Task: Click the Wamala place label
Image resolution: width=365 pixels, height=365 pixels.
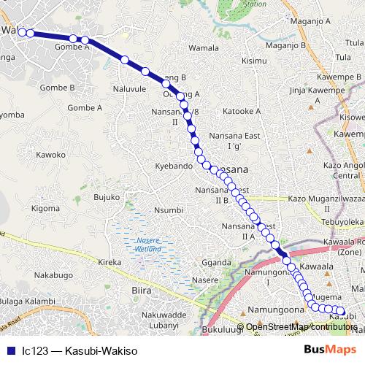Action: (204, 48)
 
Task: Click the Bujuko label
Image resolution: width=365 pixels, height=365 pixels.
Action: (107, 197)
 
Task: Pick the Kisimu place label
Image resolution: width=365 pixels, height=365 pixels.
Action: (255, 61)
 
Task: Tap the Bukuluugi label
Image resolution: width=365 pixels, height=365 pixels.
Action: (220, 331)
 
